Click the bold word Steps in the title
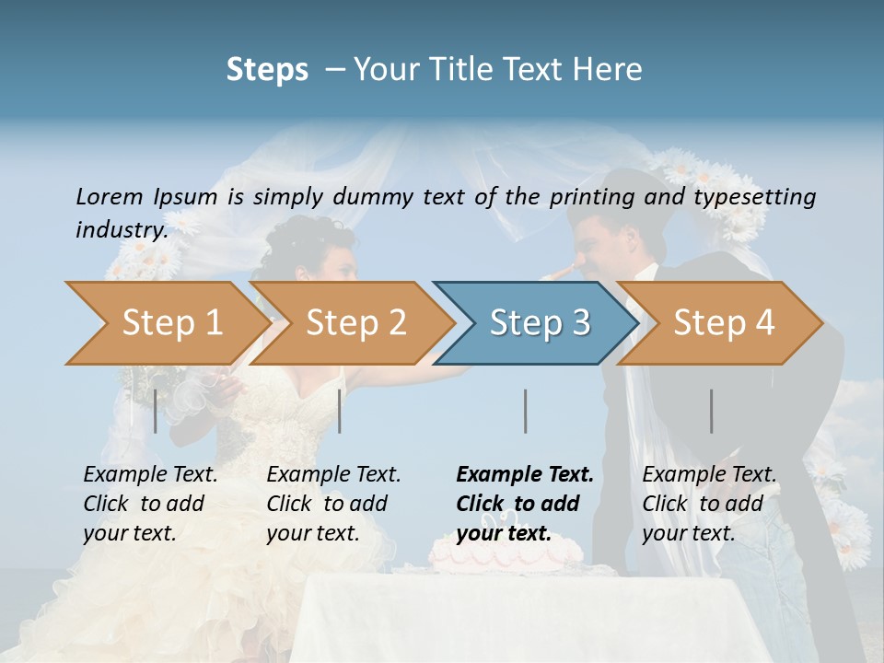(267, 70)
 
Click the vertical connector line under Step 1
(156, 411)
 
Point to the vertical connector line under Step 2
(340, 411)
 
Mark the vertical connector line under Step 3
(525, 411)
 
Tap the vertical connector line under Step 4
(711, 411)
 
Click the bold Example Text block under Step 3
(525, 504)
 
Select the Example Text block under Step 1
(150, 504)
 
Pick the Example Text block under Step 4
(709, 504)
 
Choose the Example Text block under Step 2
(333, 504)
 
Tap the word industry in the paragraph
(122, 229)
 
